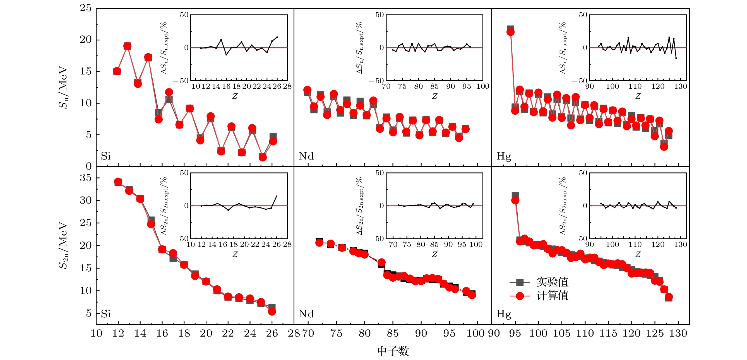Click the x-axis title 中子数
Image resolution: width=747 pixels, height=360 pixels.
click(393, 351)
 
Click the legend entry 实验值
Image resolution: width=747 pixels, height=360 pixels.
click(552, 282)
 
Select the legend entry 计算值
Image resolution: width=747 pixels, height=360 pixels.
click(552, 296)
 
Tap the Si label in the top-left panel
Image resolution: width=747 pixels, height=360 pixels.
click(105, 156)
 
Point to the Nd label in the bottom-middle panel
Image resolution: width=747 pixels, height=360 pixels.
click(306, 314)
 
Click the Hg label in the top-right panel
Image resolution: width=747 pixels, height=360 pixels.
click(504, 156)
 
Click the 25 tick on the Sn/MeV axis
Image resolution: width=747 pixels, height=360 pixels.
click(86, 8)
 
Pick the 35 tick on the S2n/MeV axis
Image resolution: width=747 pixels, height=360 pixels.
click(86, 178)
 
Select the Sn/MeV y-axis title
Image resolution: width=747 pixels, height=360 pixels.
click(63, 87)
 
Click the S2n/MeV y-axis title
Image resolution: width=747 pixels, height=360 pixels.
click(63, 245)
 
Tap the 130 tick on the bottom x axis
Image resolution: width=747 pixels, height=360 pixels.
click(678, 333)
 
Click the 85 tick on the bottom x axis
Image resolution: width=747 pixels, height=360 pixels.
click(393, 333)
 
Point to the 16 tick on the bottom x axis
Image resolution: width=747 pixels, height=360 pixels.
click(162, 333)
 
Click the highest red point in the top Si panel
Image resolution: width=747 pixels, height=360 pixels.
click(127, 46)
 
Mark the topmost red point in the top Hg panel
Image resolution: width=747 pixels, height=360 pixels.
click(510, 32)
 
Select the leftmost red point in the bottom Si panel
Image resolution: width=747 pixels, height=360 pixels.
click(118, 182)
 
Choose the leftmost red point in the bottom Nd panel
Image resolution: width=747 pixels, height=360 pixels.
click(319, 242)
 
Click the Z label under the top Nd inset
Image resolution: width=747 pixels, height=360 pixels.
click(434, 96)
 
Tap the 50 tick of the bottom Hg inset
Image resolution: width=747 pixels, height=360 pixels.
click(583, 173)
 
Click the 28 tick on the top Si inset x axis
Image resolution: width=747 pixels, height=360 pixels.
click(287, 86)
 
